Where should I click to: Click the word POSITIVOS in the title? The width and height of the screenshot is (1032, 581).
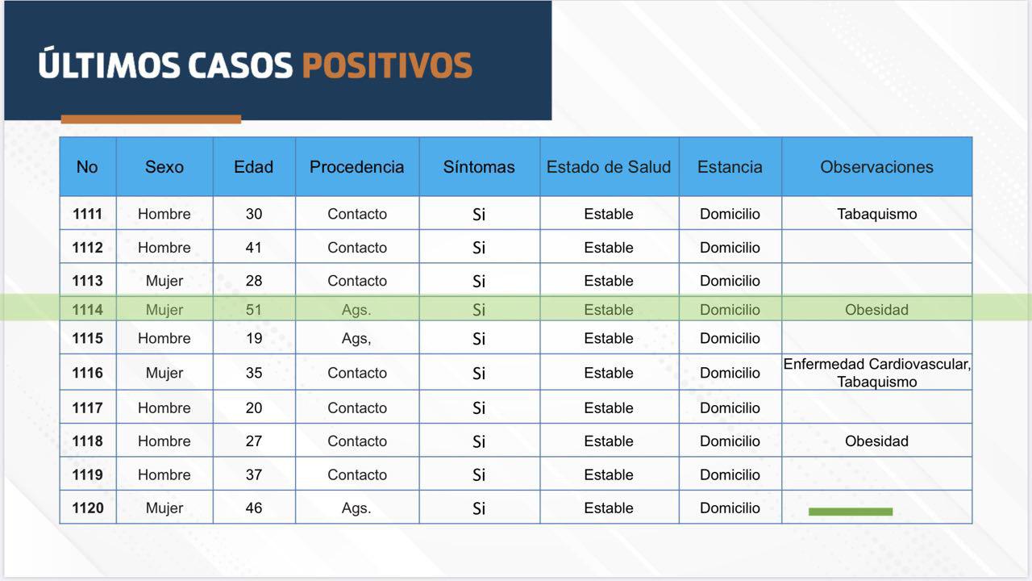click(387, 65)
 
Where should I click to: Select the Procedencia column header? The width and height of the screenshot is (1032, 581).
click(356, 167)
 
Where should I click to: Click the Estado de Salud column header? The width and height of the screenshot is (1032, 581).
click(609, 167)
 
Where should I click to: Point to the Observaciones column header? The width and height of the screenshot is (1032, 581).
click(876, 167)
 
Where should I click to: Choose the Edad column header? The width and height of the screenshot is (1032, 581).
click(253, 167)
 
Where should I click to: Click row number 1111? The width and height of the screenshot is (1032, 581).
click(88, 214)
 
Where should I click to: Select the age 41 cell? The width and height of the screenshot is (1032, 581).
click(253, 248)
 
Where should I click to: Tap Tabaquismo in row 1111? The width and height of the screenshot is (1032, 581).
click(876, 214)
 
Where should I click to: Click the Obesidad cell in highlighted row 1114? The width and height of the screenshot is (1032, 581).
click(876, 310)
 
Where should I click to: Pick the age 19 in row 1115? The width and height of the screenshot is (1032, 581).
click(253, 338)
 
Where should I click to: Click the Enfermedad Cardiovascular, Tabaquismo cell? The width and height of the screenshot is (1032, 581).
click(876, 373)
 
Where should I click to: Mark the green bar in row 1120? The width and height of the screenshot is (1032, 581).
click(851, 512)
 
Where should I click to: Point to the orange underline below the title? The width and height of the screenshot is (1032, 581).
click(151, 119)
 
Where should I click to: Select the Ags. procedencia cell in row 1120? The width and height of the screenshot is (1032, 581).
click(356, 508)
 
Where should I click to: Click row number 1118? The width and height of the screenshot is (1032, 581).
click(88, 441)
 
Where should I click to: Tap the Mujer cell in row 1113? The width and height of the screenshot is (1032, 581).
click(164, 281)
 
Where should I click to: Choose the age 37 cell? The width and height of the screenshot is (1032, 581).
click(253, 475)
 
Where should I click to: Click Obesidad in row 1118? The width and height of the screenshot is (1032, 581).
click(876, 441)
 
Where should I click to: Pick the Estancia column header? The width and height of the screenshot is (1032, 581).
click(730, 167)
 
